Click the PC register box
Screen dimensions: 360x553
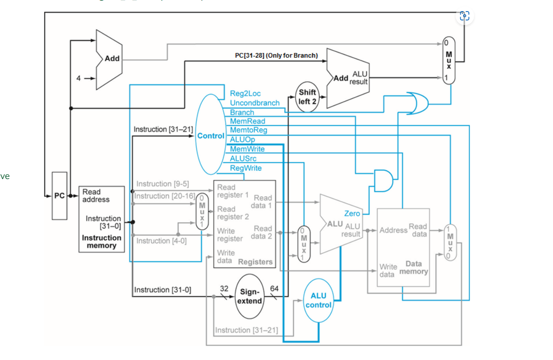[x=59, y=195]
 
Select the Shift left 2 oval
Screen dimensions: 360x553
[x=307, y=98]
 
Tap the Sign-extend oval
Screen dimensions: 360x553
[x=251, y=296]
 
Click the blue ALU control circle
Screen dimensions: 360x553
[x=318, y=301]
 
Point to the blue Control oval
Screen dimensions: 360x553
[x=211, y=135]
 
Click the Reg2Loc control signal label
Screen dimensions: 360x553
[x=245, y=94]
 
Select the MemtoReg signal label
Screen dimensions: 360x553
[x=248, y=130]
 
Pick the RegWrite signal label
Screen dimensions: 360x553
[x=245, y=168]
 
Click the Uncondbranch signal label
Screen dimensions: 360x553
[x=255, y=103]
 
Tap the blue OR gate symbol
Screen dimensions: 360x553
[x=417, y=103]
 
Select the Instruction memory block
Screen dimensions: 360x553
[x=102, y=219]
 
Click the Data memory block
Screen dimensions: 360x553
[x=403, y=247]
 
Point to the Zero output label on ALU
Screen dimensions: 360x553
[x=352, y=213]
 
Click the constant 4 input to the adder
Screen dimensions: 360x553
[x=78, y=78]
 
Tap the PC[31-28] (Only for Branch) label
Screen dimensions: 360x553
[x=276, y=56]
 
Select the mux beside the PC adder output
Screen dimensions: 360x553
[x=448, y=60]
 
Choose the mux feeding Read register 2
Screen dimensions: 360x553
[x=202, y=211]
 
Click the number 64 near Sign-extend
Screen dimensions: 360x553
[x=274, y=289]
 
